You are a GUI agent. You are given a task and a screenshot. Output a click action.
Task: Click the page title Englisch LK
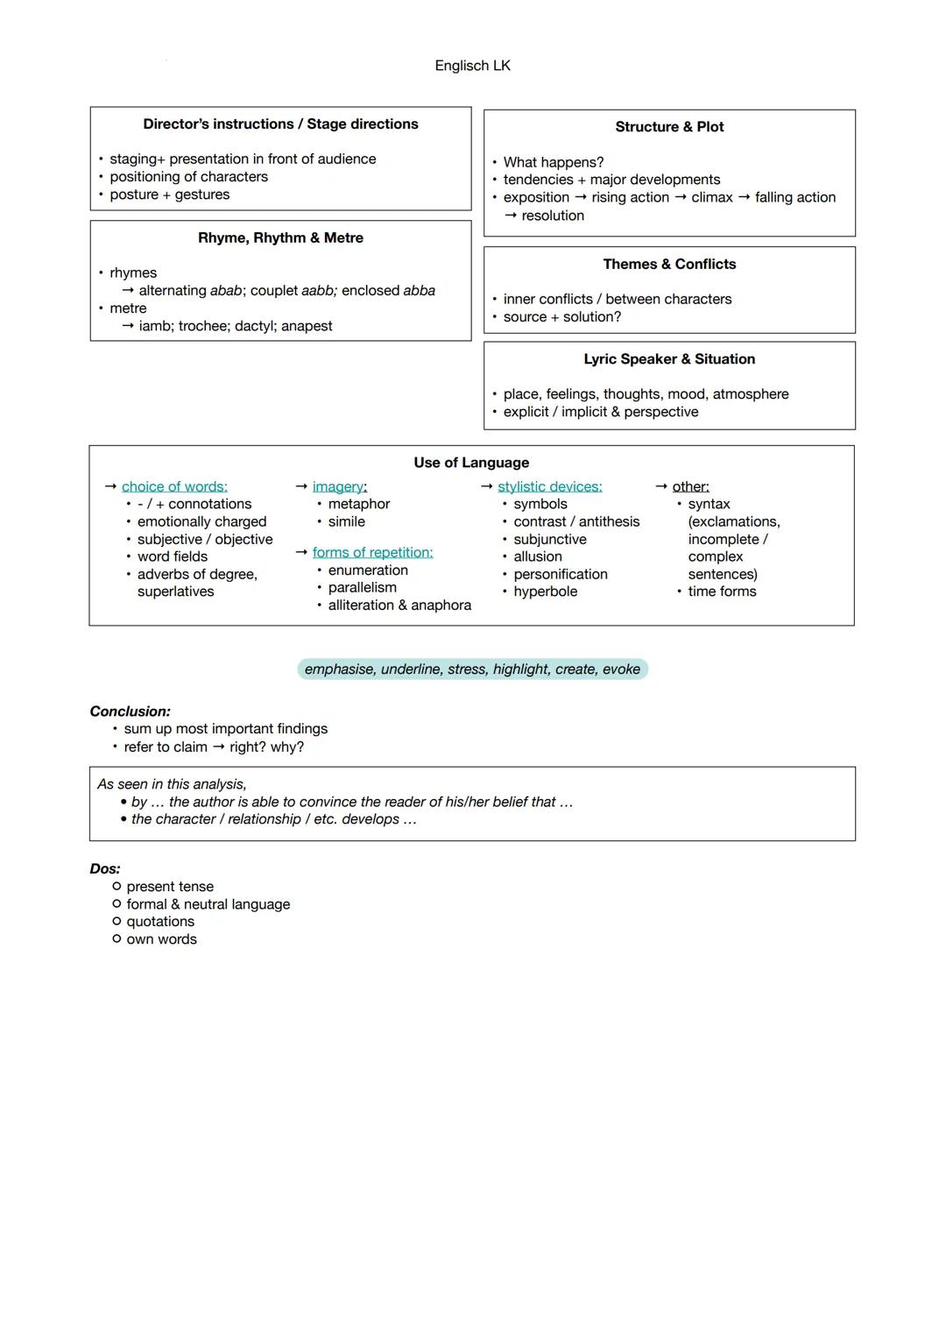pyautogui.click(x=472, y=66)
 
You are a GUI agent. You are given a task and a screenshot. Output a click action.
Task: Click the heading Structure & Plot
pyautogui.click(x=669, y=127)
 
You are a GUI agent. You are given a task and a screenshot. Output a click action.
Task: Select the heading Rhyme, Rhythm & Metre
pyautogui.click(x=280, y=238)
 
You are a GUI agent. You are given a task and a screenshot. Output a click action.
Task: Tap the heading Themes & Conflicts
pyautogui.click(x=669, y=265)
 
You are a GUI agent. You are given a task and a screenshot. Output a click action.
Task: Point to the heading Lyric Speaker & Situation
pyautogui.click(x=669, y=359)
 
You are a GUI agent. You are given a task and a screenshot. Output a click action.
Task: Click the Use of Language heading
pyautogui.click(x=471, y=463)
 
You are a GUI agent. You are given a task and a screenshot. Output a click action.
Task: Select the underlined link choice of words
pyautogui.click(x=174, y=486)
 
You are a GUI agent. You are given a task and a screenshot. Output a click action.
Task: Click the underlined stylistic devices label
pyautogui.click(x=549, y=486)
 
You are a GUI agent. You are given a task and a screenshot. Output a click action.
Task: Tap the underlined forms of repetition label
pyautogui.click(x=372, y=553)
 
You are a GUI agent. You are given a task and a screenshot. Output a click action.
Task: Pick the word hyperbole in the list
pyautogui.click(x=545, y=591)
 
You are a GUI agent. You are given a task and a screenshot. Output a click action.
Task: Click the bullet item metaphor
pyautogui.click(x=358, y=504)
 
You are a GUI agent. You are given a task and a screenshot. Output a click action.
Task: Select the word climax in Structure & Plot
pyautogui.click(x=711, y=198)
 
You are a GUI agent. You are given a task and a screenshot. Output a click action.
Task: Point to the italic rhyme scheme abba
pyautogui.click(x=419, y=291)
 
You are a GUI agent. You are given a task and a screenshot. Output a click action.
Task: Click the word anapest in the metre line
pyautogui.click(x=307, y=326)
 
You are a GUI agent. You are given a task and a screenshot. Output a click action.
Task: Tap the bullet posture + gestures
pyautogui.click(x=169, y=195)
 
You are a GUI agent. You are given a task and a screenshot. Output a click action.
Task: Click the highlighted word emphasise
pyautogui.click(x=338, y=669)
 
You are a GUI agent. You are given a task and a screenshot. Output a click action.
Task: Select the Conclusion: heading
pyautogui.click(x=130, y=711)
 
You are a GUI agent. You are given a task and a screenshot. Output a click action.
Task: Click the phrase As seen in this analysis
pyautogui.click(x=172, y=784)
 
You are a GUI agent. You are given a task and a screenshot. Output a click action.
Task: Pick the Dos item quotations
pyautogui.click(x=160, y=922)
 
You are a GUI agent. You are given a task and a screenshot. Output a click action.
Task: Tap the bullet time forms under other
pyautogui.click(x=722, y=591)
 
